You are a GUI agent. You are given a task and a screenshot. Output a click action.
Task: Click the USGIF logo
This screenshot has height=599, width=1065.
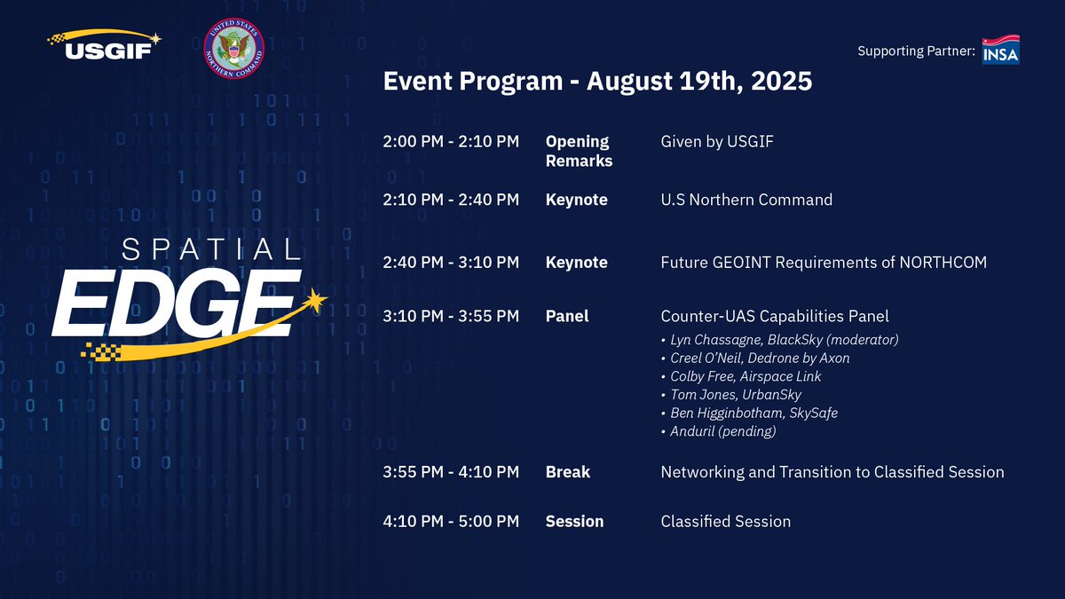coord(104,44)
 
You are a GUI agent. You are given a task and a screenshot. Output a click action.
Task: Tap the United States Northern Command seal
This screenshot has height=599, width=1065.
coord(234,49)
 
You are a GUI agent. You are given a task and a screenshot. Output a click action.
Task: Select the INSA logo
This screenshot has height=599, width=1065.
coord(1001,50)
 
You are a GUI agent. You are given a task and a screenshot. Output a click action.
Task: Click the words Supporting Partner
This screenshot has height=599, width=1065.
coord(916,51)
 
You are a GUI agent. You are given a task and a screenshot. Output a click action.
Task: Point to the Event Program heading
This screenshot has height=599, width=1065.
coord(597,81)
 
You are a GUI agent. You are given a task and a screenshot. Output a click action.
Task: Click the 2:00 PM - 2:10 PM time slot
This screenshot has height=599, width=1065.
coord(451,141)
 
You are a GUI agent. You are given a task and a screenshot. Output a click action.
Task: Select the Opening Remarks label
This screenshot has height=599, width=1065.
coord(579,151)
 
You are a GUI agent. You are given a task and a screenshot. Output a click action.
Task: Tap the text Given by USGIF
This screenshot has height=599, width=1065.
coord(717,141)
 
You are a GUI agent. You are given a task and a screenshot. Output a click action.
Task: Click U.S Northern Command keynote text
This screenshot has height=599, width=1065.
coord(746,200)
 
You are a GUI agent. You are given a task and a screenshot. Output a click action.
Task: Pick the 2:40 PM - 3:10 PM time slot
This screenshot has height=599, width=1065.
coord(451,262)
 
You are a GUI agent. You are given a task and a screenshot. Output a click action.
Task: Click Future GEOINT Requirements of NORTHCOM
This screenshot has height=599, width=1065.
coord(824,263)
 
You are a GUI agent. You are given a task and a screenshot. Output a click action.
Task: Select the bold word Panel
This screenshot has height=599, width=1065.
coord(567,316)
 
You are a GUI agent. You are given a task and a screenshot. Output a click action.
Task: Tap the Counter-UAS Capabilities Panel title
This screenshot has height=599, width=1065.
coord(775,316)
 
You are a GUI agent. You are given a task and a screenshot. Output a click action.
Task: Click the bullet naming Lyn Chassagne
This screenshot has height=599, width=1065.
coord(780,340)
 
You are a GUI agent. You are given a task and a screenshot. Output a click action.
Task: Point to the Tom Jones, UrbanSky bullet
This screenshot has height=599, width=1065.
coord(731,395)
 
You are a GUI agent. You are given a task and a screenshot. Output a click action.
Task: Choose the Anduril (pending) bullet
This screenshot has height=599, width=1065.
coord(718,431)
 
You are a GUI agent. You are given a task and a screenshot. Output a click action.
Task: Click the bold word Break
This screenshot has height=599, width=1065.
coord(568,472)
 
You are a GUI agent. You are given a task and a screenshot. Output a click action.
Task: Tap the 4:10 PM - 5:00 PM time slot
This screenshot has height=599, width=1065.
coord(451,521)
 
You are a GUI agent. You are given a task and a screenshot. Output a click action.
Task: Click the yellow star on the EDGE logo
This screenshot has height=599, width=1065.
coord(314,301)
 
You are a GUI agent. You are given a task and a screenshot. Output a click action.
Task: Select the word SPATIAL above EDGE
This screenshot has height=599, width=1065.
coord(211,249)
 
